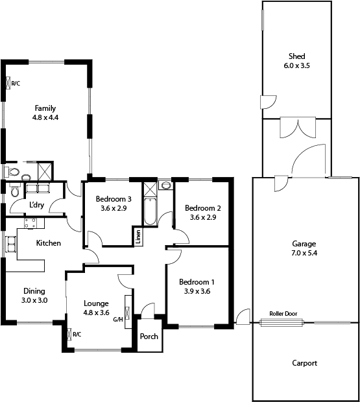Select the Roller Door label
(x=283, y=313)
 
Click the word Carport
(x=304, y=363)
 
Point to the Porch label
(x=149, y=337)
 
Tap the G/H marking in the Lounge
(x=118, y=319)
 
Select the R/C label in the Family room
(x=16, y=83)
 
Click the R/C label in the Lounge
(x=77, y=335)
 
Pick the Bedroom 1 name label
(x=197, y=282)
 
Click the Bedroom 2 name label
(x=203, y=208)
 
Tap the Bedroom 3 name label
(x=114, y=199)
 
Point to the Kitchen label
(x=49, y=244)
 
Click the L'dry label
(x=36, y=206)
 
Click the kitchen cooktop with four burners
(x=30, y=224)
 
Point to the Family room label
(x=45, y=108)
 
